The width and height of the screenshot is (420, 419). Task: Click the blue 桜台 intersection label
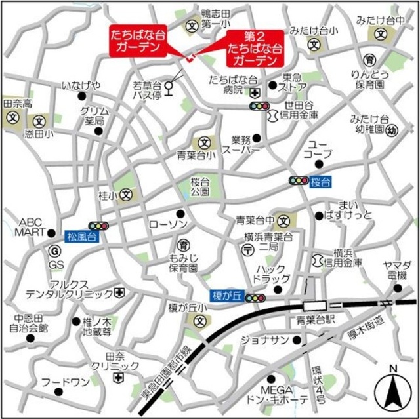[319, 180]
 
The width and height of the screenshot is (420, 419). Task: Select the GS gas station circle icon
[54, 249]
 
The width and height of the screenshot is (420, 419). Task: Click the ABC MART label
[31, 227]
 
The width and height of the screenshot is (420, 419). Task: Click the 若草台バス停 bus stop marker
[170, 85]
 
